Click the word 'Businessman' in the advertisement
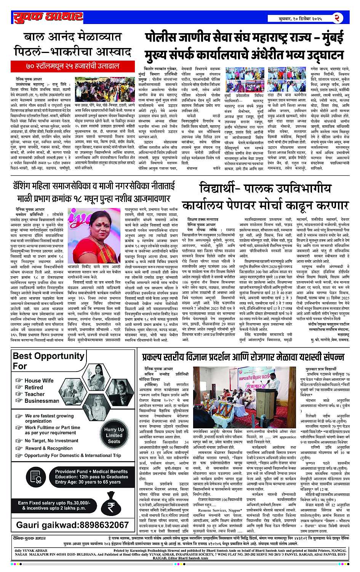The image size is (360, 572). click(x=42, y=401)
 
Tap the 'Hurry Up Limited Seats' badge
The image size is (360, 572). click(x=114, y=435)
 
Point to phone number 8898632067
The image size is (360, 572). click(x=72, y=525)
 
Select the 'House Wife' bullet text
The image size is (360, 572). click(x=39, y=380)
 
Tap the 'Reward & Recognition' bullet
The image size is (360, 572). click(x=48, y=448)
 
